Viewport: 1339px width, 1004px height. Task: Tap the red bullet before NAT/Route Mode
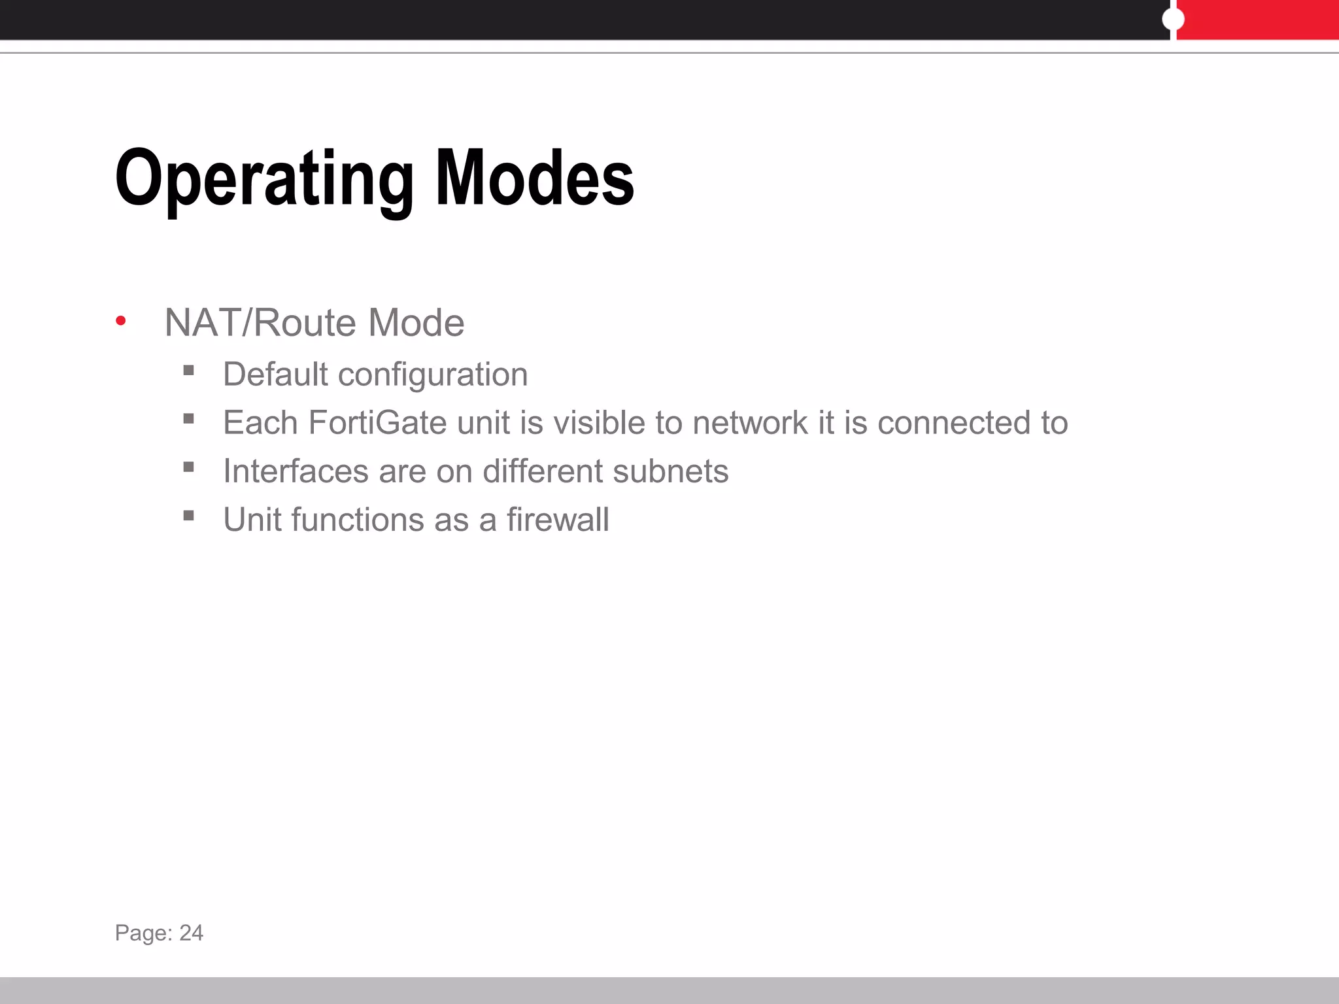tap(120, 320)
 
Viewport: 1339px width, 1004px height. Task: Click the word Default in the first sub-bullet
tap(275, 375)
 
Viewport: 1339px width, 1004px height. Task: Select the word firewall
tap(558, 520)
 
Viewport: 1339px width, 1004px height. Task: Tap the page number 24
tap(192, 933)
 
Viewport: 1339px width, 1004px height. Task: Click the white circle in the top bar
tap(1173, 20)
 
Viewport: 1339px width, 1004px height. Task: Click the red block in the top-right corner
tap(1258, 20)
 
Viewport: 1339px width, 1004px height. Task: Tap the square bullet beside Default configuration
tap(189, 371)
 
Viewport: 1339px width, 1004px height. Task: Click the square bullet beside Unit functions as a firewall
tap(189, 516)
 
